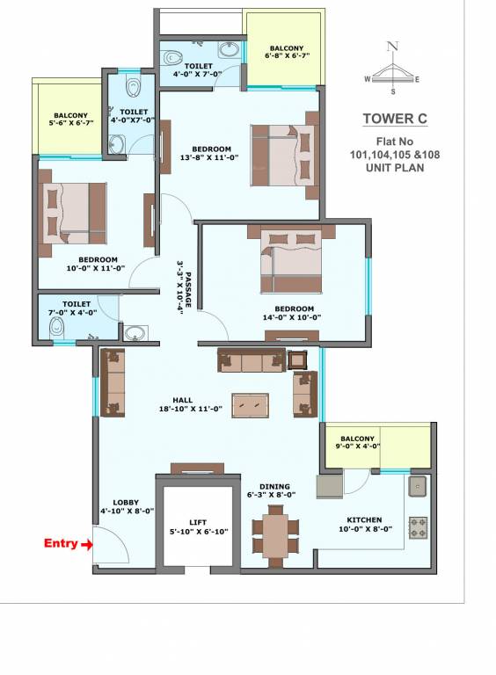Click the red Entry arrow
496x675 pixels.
(86, 545)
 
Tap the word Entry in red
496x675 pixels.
(61, 544)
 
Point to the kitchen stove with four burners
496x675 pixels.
(418, 527)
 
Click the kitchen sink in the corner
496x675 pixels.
(417, 487)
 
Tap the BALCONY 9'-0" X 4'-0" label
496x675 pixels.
(358, 442)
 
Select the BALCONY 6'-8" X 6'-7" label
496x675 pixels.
(287, 53)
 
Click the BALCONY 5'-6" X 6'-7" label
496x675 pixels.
(70, 120)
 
